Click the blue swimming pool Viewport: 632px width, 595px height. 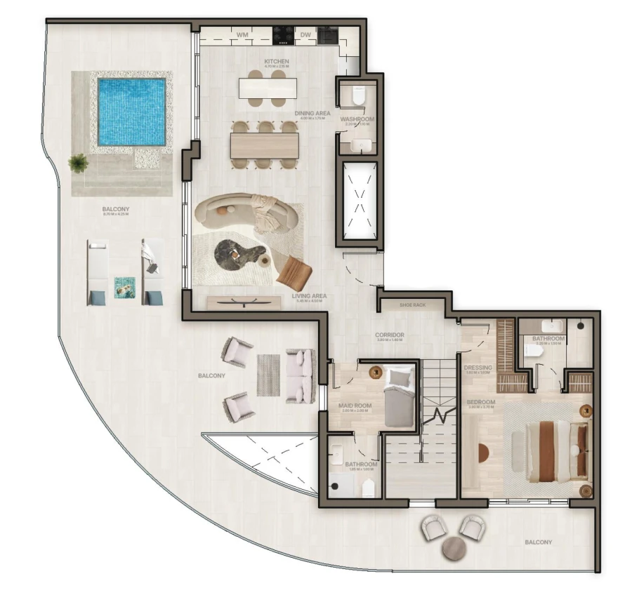coord(132,111)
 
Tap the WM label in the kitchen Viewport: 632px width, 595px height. coord(243,34)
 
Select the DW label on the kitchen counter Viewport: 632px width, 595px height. coord(305,34)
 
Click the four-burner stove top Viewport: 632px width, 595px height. coord(283,34)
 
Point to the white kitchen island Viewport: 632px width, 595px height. coord(268,88)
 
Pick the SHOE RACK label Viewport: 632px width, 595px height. coord(412,305)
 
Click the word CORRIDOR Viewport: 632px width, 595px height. coord(389,335)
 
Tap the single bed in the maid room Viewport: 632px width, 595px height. coord(400,397)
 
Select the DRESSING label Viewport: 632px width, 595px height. coord(478,368)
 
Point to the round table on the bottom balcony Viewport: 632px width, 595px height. coord(454,549)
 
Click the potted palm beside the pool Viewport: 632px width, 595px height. coord(77,163)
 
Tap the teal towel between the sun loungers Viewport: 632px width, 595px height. coord(125,286)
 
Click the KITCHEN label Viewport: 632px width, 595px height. coord(277,62)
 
